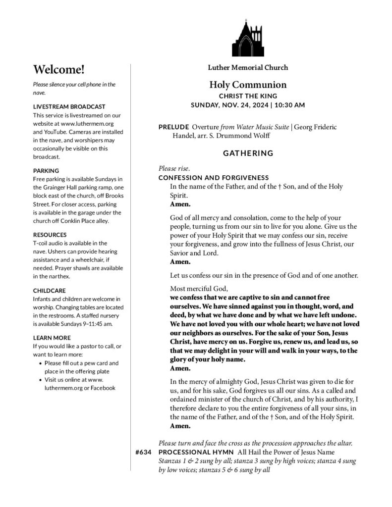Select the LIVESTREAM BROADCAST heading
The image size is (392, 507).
click(69, 106)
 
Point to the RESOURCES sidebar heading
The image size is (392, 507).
click(50, 235)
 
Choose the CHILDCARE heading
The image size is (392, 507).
click(50, 291)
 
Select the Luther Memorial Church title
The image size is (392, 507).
click(248, 67)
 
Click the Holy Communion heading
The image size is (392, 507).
click(248, 85)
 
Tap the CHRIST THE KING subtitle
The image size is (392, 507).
click(248, 96)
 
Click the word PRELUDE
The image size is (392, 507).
click(173, 127)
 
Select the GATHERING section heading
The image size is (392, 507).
click(248, 153)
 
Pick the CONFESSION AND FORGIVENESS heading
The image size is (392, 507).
click(214, 178)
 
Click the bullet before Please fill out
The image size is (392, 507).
click(40, 363)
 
